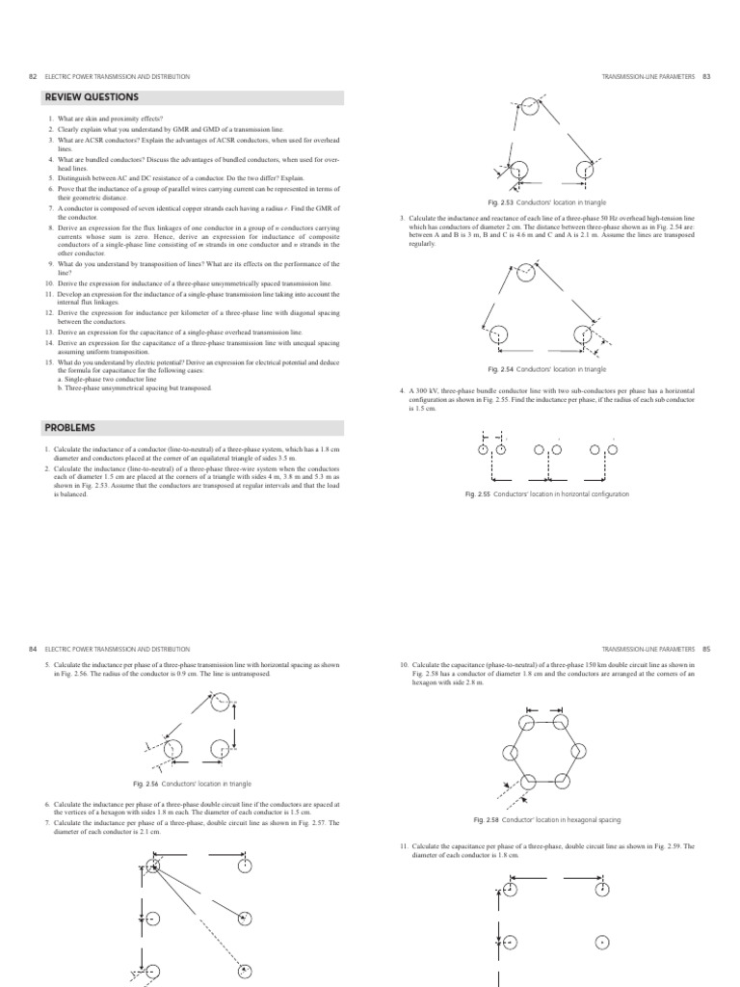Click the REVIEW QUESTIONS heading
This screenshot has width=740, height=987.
(92, 97)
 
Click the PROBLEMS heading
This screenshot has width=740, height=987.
(70, 427)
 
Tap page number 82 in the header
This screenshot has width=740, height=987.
(35, 75)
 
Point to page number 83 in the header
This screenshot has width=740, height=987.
(705, 75)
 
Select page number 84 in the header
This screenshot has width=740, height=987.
(35, 650)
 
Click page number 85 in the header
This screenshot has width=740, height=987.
(705, 650)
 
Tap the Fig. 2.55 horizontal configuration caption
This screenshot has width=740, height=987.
(546, 493)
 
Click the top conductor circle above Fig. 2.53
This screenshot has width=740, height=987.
(529, 105)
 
